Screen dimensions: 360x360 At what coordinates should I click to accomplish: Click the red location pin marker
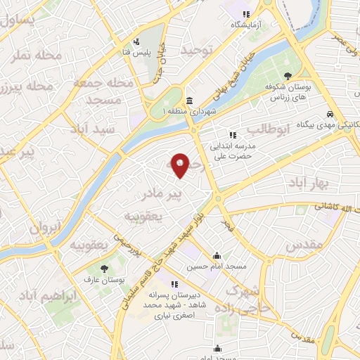pyautogui.click(x=181, y=165)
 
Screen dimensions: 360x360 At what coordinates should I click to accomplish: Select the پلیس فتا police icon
pyautogui.click(x=136, y=41)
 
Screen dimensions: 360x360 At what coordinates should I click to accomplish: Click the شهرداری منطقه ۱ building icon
pyautogui.click(x=190, y=101)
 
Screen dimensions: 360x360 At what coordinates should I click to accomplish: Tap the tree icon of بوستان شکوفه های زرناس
pyautogui.click(x=288, y=77)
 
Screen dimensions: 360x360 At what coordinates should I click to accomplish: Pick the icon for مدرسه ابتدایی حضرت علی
pyautogui.click(x=231, y=136)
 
